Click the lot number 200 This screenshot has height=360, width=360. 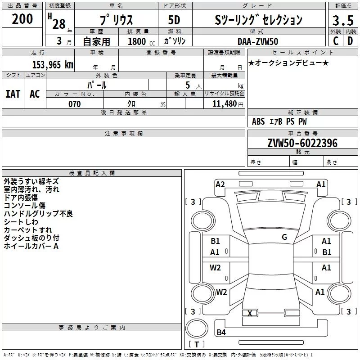tap(22, 19)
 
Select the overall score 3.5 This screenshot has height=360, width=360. tap(342, 21)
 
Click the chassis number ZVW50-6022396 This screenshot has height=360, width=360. tap(302, 143)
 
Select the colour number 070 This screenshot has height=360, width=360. tap(74, 104)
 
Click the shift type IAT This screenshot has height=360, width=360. tap(13, 94)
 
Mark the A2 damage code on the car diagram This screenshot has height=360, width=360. tap(220, 184)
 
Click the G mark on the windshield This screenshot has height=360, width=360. tap(284, 237)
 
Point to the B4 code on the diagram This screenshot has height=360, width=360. tap(221, 333)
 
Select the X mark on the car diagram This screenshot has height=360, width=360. tap(250, 313)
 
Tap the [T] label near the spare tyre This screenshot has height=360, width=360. tap(196, 344)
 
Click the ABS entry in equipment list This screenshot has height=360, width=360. tap(258, 121)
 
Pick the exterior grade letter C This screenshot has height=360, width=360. tap(335, 41)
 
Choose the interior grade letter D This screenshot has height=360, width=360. tap(350, 41)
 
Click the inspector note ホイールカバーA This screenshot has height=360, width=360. tap(31, 246)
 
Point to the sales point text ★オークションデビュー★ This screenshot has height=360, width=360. tap(288, 63)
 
